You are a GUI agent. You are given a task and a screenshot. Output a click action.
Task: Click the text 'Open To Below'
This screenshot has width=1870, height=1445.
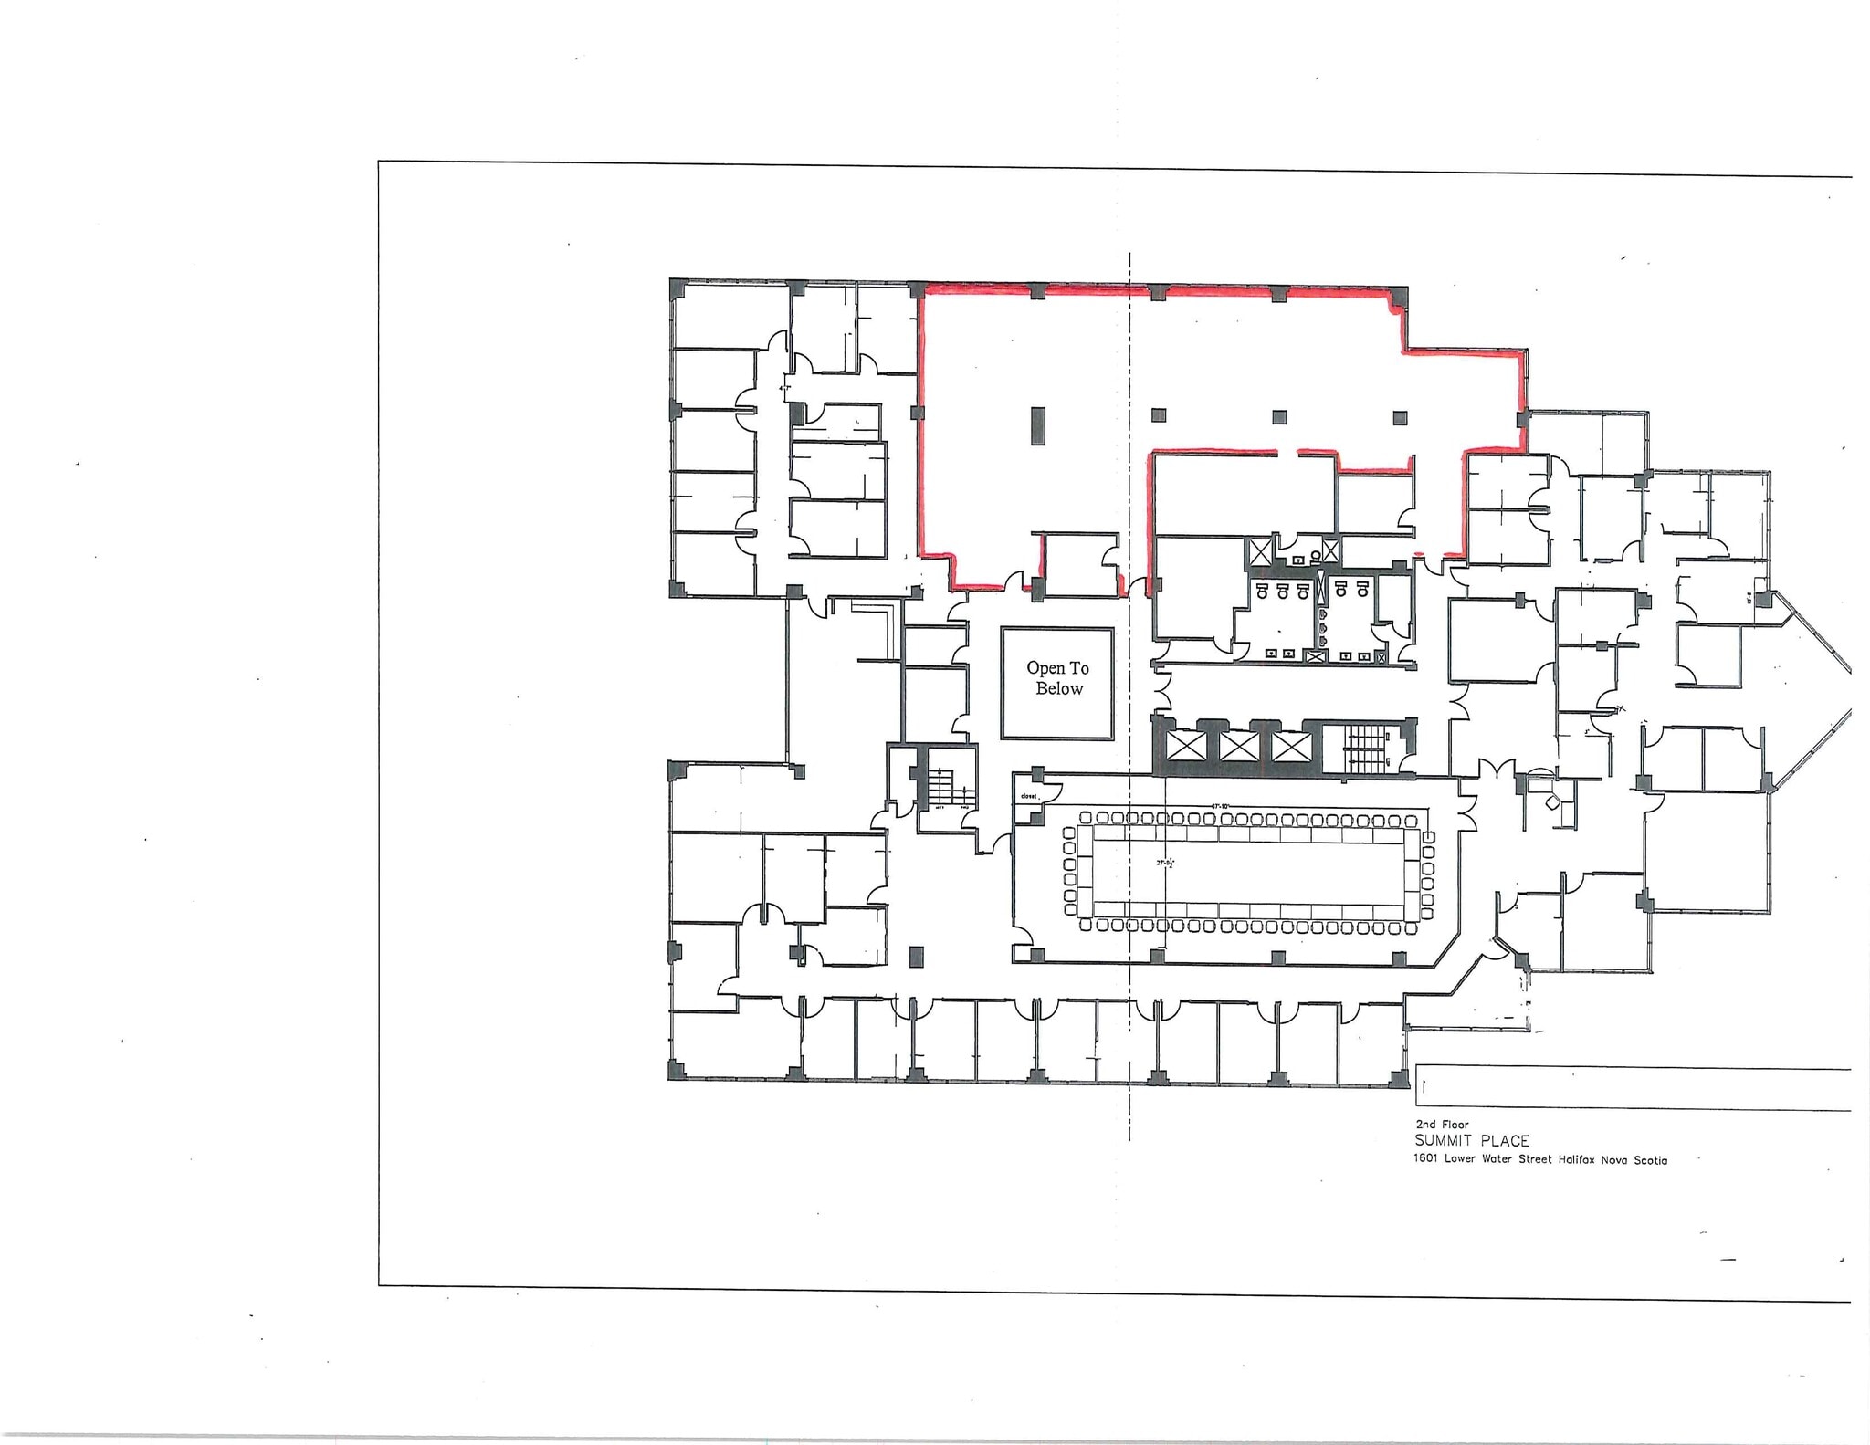[1057, 678]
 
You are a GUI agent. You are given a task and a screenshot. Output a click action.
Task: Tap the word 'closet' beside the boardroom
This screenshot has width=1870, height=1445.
[1029, 796]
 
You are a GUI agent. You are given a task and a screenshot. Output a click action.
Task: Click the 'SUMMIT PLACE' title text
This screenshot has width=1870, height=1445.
[1471, 1141]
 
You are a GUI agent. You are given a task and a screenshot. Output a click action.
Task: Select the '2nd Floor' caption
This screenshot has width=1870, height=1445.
[1442, 1125]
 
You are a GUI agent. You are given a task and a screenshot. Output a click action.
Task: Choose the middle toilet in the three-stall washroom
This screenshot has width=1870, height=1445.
[1283, 591]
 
